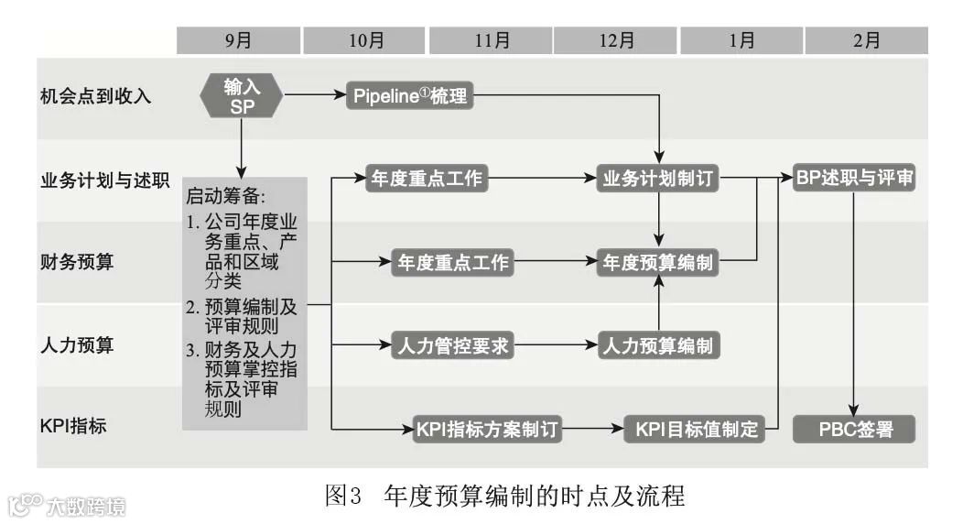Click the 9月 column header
(x=239, y=40)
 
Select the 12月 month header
(x=616, y=40)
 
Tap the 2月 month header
(x=866, y=40)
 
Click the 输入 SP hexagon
(x=242, y=96)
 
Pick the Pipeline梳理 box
(x=411, y=96)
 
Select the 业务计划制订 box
(x=658, y=179)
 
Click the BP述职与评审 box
(x=854, y=179)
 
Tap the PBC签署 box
(x=854, y=429)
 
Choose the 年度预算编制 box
(x=658, y=263)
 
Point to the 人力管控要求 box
(x=452, y=346)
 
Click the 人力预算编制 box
(x=658, y=346)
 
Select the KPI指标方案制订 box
(x=486, y=429)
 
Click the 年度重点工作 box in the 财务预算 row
(x=452, y=263)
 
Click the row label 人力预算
(x=77, y=346)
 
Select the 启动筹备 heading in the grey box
(x=225, y=197)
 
